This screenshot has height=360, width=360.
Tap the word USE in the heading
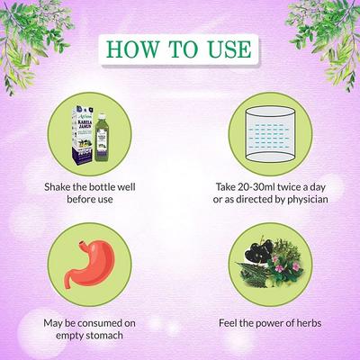[227, 47]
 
